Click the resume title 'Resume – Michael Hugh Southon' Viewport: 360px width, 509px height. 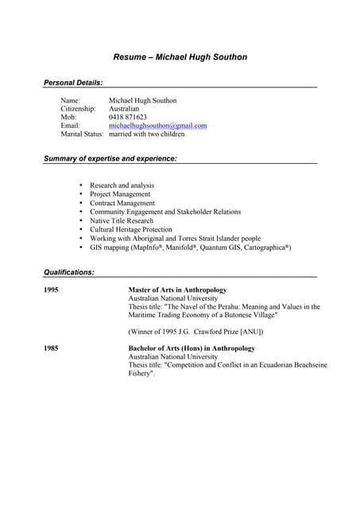pyautogui.click(x=180, y=57)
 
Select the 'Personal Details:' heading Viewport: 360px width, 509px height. pyautogui.click(x=72, y=83)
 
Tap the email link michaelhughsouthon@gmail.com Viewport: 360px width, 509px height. pyautogui.click(x=157, y=126)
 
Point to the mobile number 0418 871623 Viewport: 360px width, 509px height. pyautogui.click(x=128, y=117)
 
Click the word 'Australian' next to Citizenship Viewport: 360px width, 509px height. pyautogui.click(x=124, y=108)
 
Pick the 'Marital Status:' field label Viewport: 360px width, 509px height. pyautogui.click(x=82, y=134)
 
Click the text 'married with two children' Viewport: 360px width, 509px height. pyautogui.click(x=146, y=134)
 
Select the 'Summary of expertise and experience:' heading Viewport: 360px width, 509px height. pyautogui.click(x=110, y=159)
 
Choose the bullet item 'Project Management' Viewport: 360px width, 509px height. pyautogui.click(x=120, y=194)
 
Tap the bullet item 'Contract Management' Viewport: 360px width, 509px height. pyautogui.click(x=122, y=203)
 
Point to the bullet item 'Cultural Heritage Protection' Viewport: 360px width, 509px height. pyautogui.click(x=131, y=230)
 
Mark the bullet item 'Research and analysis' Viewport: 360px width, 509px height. pyautogui.click(x=122, y=185)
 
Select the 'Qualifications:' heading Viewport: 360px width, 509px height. pyautogui.click(x=68, y=272)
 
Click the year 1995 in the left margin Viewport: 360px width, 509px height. pyautogui.click(x=51, y=290)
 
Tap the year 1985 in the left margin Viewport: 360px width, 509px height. pyautogui.click(x=51, y=348)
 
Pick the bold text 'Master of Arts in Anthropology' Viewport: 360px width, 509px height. pyautogui.click(x=177, y=290)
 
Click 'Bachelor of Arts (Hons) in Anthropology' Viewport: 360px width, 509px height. pyautogui.click(x=192, y=348)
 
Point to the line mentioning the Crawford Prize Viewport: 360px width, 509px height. pyautogui.click(x=195, y=331)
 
